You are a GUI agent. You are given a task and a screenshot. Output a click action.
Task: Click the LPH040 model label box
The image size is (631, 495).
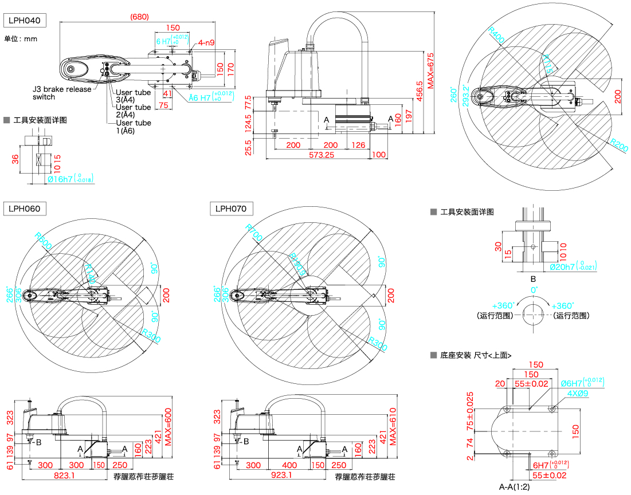[x=24, y=21]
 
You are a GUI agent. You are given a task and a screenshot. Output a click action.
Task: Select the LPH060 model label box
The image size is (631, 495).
[x=24, y=209]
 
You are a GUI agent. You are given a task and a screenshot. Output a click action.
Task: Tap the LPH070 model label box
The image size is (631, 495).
[x=232, y=209]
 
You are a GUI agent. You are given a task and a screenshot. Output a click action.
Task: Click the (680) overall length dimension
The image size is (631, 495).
[x=139, y=17]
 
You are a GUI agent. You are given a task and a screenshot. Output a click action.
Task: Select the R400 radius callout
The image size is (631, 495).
[x=496, y=35]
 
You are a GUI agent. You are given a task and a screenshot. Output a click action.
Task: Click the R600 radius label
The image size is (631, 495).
[x=43, y=241]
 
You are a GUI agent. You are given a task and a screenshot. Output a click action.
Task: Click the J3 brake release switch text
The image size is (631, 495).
[x=61, y=93]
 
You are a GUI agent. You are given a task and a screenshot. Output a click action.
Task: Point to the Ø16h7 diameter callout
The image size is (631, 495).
[x=70, y=179]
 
